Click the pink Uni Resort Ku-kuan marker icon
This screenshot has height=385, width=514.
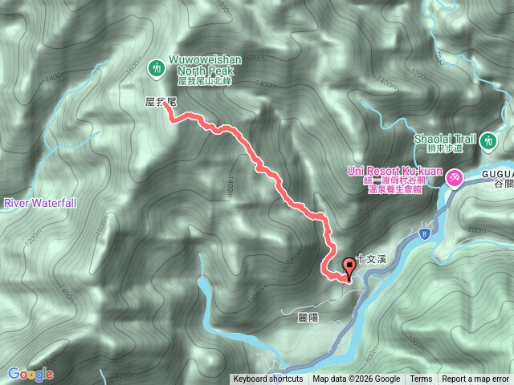point(455,176)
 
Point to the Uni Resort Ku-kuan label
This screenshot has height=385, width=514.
point(396,171)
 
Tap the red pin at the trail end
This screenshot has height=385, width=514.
point(349,267)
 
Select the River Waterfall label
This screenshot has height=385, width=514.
point(39,203)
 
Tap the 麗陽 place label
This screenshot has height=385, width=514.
point(308,318)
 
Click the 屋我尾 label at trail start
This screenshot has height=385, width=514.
point(160,102)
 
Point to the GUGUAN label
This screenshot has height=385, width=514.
point(498,172)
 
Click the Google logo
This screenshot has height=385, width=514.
point(31,374)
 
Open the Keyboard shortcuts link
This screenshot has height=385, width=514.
point(268,379)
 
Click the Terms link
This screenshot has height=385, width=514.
point(421,379)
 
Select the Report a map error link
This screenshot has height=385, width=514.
point(475,379)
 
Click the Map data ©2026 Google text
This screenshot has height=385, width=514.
point(357,379)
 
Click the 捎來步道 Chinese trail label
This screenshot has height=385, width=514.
point(446,149)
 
